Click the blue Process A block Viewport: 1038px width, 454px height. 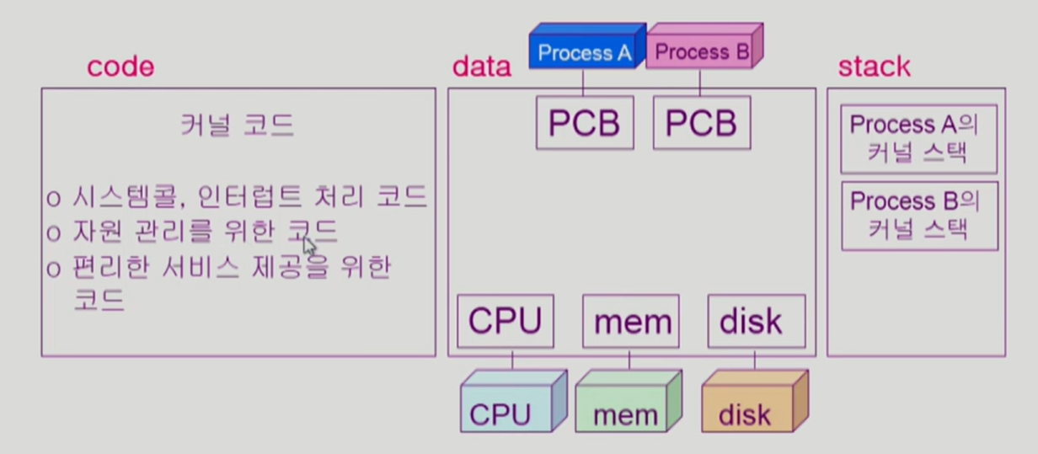(584, 52)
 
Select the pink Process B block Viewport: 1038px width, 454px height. (702, 52)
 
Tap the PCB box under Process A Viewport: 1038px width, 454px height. (585, 124)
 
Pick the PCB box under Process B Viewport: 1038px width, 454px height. (701, 124)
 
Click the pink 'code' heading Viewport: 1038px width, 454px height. (120, 67)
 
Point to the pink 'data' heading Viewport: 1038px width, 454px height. (482, 67)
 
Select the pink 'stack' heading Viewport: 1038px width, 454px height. (874, 67)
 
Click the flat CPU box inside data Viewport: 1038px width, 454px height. (506, 321)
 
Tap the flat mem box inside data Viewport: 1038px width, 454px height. (631, 321)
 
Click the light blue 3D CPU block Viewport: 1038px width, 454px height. (506, 409)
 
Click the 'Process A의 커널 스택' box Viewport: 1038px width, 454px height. (919, 139)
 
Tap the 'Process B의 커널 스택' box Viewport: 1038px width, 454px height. (919, 216)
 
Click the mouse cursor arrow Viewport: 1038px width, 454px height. (308, 246)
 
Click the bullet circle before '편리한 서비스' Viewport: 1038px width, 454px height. (53, 269)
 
